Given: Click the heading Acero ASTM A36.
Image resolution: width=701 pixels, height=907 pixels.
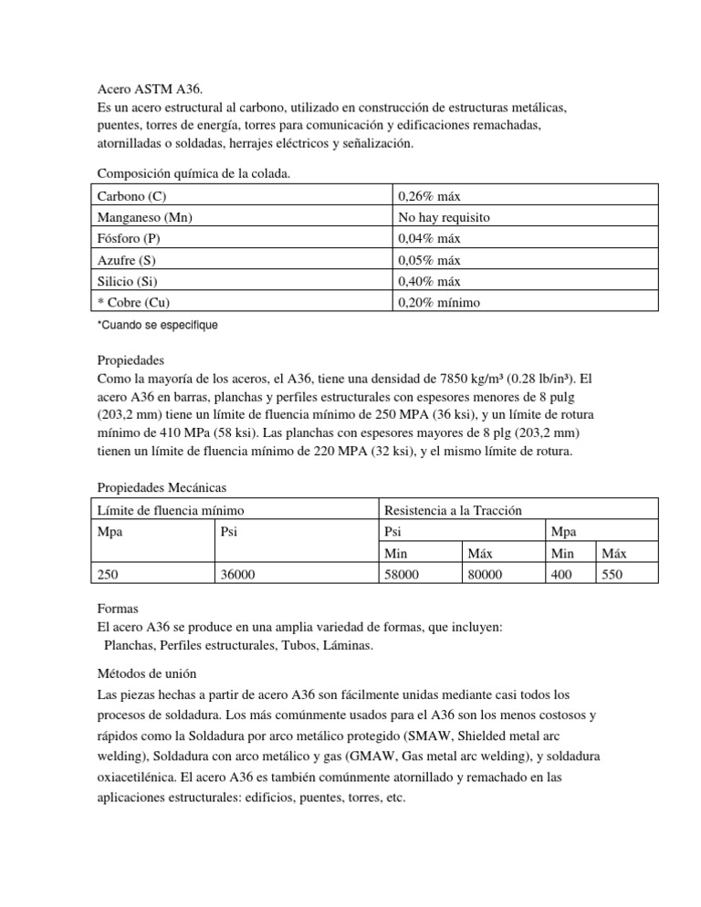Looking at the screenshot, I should [152, 90].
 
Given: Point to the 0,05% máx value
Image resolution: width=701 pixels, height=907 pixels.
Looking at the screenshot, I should [430, 260].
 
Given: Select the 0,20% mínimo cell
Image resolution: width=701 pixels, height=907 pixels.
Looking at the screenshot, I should [441, 302].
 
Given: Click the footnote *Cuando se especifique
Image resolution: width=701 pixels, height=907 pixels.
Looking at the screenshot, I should [157, 325].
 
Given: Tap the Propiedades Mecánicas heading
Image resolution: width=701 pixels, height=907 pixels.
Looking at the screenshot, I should [162, 488].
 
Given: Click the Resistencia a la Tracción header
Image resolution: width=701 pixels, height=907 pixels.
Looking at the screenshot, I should [454, 510].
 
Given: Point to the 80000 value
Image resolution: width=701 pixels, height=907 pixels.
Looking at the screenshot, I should [485, 574].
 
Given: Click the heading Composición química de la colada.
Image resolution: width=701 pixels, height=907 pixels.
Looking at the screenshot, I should [194, 173].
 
